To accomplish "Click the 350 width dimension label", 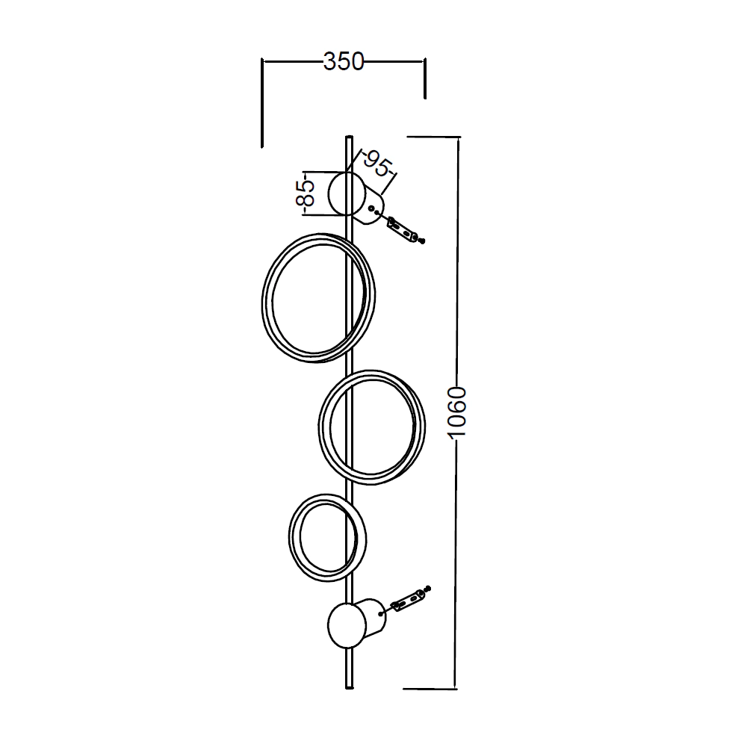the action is [344, 62].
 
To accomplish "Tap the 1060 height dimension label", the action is [457, 412].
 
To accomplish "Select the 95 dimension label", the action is [378, 164].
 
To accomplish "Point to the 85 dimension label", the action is [306, 193].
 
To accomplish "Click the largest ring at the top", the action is [262, 298].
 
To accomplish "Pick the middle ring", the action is [319, 427].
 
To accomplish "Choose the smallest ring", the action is [290, 537].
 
